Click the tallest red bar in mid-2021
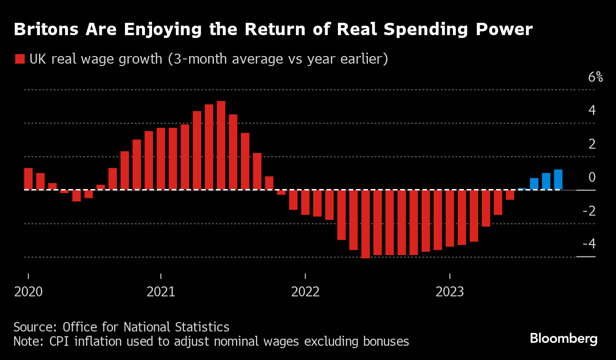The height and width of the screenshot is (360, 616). [x=221, y=145]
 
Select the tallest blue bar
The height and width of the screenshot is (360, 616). [x=558, y=180]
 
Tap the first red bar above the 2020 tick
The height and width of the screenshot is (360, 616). [x=29, y=179]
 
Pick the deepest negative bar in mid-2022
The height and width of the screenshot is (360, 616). [x=366, y=224]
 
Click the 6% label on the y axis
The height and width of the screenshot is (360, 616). [x=595, y=77]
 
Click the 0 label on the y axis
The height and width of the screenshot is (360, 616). [x=592, y=177]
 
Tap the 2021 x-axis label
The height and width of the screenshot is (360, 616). [x=161, y=292]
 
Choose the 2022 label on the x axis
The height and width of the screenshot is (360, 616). [x=306, y=292]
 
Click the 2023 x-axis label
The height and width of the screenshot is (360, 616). [x=450, y=292]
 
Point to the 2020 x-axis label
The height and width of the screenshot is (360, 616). [x=29, y=292]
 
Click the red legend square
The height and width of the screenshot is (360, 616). [x=19, y=59]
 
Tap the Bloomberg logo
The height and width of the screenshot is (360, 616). [x=563, y=339]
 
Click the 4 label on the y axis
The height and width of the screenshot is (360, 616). [x=592, y=111]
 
